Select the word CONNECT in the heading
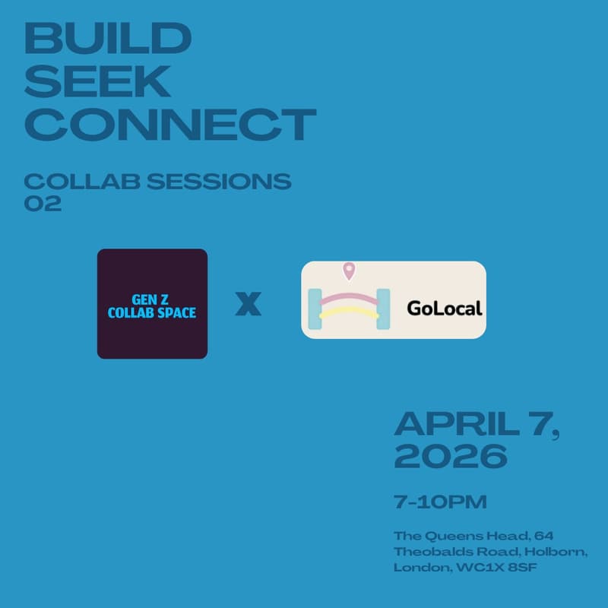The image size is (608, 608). coord(169,125)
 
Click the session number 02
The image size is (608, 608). coord(43,204)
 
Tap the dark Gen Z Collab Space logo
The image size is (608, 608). coord(152,303)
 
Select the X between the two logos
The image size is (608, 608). coord(248,304)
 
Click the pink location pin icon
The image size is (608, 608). coord(349,271)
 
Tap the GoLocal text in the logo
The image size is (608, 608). coord(445,309)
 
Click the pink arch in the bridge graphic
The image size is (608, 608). coord(350,297)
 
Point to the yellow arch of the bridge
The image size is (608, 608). coord(350,312)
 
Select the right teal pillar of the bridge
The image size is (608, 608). coord(382,309)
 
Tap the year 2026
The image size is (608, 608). coord(450,456)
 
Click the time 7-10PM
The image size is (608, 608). coord(429,502)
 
